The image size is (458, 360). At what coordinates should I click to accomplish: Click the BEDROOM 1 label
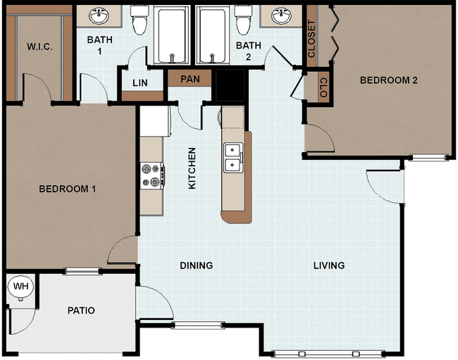(x=67, y=189)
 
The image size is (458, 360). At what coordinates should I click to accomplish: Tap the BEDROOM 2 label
(x=388, y=80)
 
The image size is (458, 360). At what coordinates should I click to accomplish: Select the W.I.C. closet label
(x=39, y=47)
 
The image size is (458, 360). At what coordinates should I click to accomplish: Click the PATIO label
(x=81, y=310)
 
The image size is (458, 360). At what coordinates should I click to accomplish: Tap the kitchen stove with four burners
(x=152, y=175)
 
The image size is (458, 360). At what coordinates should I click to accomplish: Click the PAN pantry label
(x=190, y=78)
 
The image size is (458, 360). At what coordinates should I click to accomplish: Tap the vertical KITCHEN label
(x=191, y=168)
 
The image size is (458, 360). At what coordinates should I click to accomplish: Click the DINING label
(x=196, y=266)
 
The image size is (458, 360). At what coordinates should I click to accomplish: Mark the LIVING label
(x=329, y=266)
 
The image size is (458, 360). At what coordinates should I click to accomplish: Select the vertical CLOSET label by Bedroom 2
(x=311, y=39)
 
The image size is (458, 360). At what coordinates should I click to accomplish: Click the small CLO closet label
(x=323, y=87)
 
